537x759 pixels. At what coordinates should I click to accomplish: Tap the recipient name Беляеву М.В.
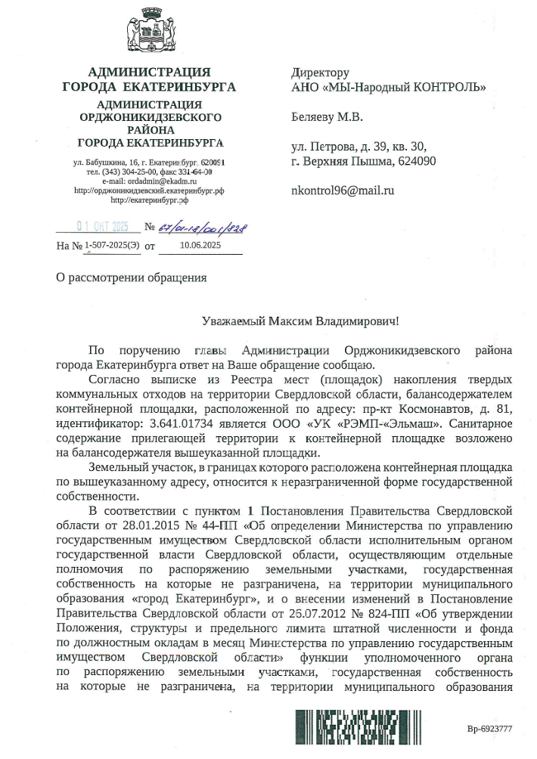coord(327,117)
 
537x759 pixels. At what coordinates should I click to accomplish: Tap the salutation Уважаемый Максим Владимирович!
coord(300,321)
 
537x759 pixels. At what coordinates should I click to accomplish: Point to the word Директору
coord(321,73)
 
